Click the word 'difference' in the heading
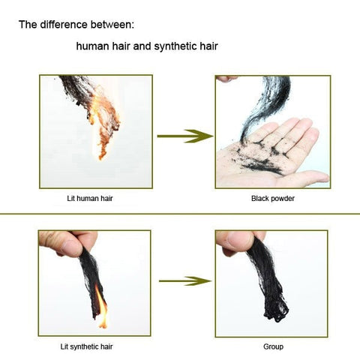coord(64,25)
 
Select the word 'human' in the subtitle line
coord(92,46)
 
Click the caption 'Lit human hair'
coord(90,199)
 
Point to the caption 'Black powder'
coord(273,199)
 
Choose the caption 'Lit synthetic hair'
coord(86,346)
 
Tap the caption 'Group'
coord(273,346)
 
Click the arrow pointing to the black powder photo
coord(185,136)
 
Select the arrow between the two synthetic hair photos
coord(185,281)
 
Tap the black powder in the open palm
coord(260,157)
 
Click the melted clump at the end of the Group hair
coord(276,313)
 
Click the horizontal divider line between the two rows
coord(180,214)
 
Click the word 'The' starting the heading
coord(28,25)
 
